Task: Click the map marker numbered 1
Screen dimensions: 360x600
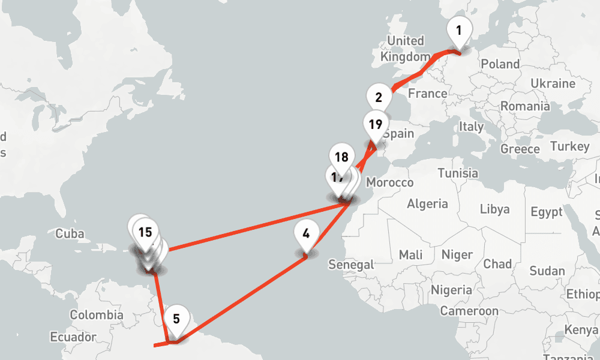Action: [x=459, y=30]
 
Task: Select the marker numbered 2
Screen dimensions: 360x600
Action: [x=379, y=98]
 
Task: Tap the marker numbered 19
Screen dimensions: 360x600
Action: [x=376, y=125]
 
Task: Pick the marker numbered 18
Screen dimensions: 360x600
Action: [x=341, y=158]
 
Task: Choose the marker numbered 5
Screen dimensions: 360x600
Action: [x=176, y=319]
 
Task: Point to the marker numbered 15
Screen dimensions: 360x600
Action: [x=145, y=232]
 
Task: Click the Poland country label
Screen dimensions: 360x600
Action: [x=500, y=64]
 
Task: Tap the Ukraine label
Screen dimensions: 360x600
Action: [x=553, y=83]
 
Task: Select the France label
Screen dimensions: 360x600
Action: [x=427, y=94]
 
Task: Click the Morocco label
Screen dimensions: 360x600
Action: [x=390, y=182]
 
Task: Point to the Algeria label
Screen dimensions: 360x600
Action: [x=427, y=204]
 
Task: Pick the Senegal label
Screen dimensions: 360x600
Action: [x=351, y=264]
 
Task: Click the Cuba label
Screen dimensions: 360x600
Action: [x=70, y=234]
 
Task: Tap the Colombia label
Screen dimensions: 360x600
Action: [x=97, y=315]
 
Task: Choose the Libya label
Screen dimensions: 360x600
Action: [x=494, y=209]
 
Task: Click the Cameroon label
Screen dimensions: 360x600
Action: [x=469, y=311]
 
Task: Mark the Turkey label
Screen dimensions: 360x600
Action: [x=569, y=146]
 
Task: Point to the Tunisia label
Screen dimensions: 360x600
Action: [x=458, y=173]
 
